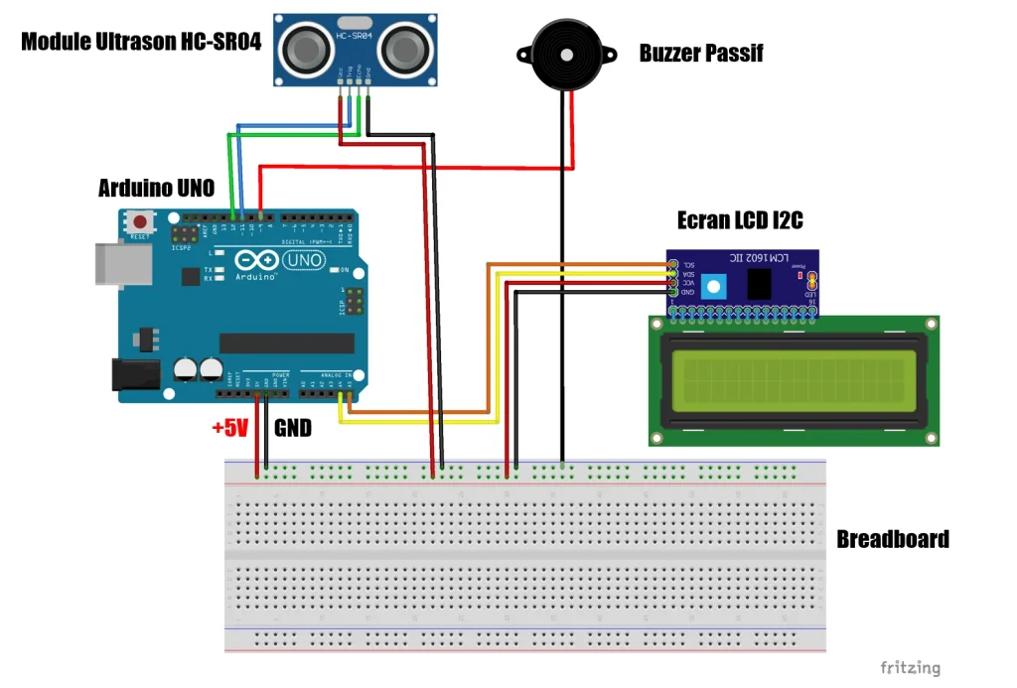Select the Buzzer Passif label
[x=701, y=54]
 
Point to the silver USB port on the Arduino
[x=122, y=261]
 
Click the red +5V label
[x=229, y=429]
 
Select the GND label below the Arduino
[x=292, y=429]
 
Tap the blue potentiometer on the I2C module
[x=711, y=288]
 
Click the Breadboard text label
[x=892, y=539]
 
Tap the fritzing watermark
[x=910, y=668]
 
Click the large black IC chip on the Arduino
[x=287, y=343]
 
